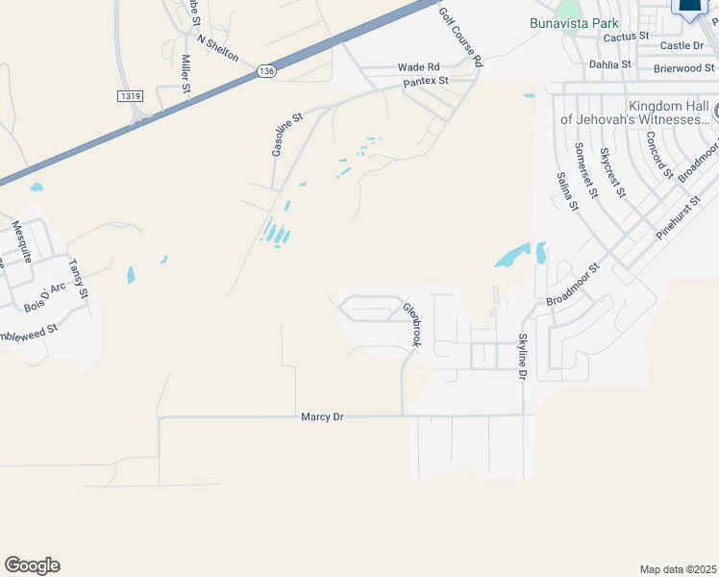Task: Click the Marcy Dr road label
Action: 321,416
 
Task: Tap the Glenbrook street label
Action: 412,325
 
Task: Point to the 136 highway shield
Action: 266,71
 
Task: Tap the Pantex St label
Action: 426,81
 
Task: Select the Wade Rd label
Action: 418,67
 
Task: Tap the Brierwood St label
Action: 684,68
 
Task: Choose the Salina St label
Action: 567,191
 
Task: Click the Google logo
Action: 32,565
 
